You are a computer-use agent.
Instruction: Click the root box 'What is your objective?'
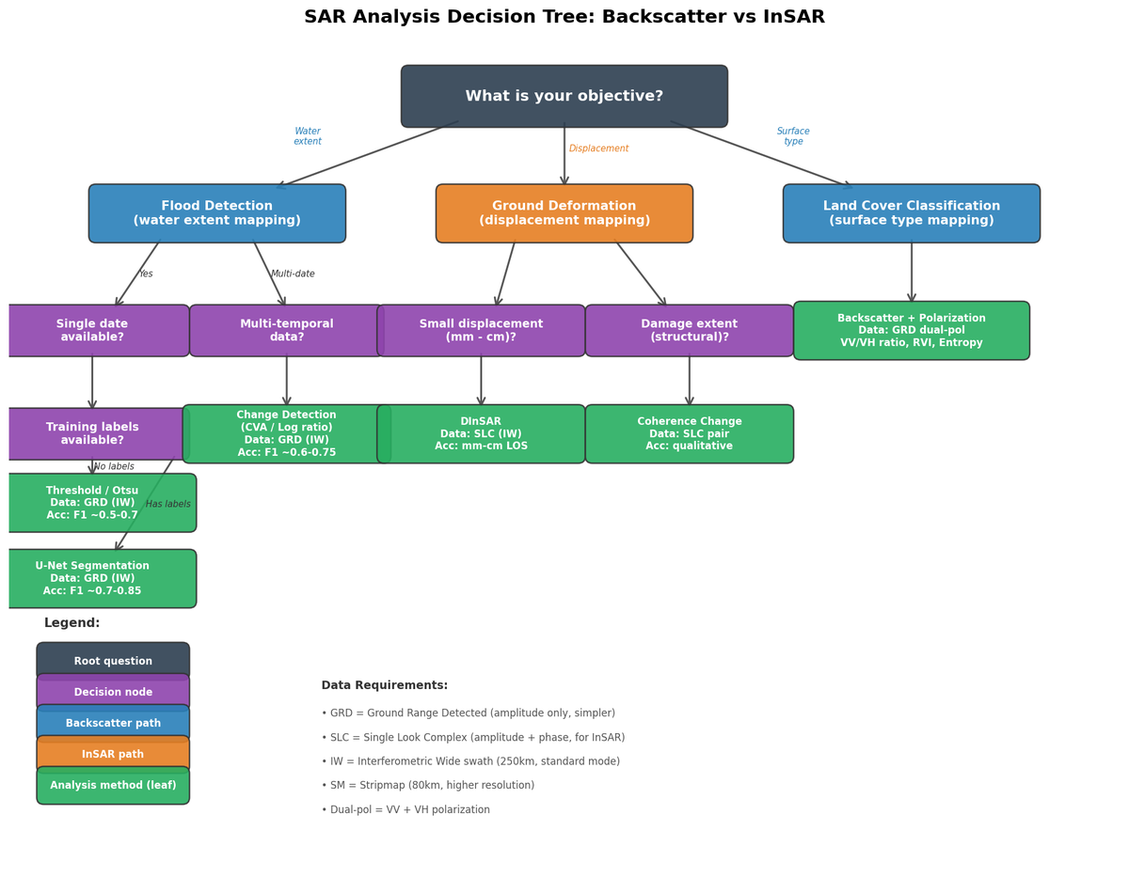[x=564, y=96]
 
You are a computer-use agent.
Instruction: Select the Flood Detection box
[x=216, y=213]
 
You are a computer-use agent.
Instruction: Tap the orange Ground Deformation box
[x=564, y=213]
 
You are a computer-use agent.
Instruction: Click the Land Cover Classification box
[x=911, y=213]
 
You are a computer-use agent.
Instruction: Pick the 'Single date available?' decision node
[x=92, y=330]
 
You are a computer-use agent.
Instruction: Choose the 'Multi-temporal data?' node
[x=286, y=330]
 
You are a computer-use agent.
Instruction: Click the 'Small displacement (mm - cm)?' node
[x=481, y=330]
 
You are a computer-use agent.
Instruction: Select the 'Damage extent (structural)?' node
[x=689, y=330]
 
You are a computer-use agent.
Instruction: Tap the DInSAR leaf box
[x=481, y=433]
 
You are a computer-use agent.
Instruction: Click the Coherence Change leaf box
[x=689, y=433]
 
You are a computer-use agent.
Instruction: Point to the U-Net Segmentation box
[x=92, y=578]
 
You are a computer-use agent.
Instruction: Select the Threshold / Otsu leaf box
[x=92, y=502]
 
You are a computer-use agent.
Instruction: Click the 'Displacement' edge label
[x=598, y=149]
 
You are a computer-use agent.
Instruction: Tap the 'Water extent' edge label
[x=308, y=136]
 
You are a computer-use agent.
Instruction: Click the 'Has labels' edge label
[x=167, y=504]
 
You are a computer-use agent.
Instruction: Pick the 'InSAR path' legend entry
[x=113, y=754]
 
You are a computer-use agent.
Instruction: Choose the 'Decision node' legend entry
[x=113, y=692]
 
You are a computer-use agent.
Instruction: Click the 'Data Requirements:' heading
[x=384, y=685]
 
